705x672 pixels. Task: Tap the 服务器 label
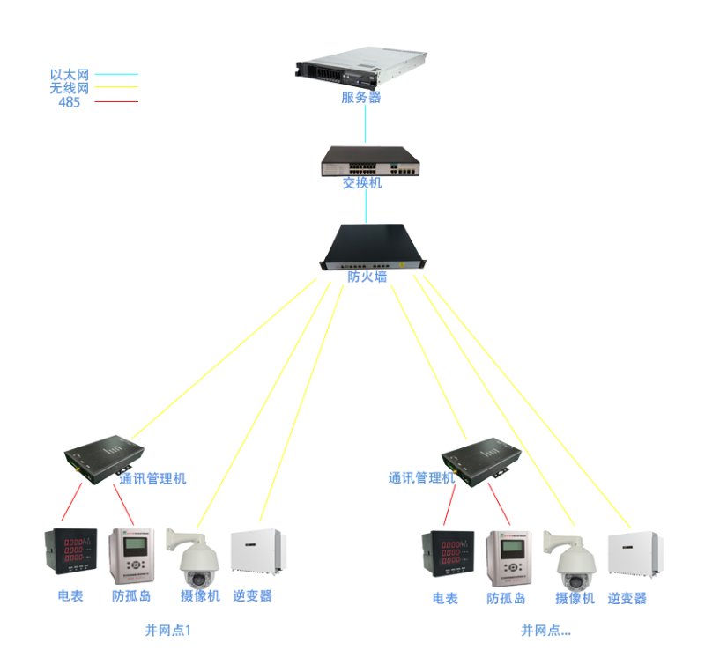(x=361, y=98)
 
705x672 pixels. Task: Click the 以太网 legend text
(x=70, y=75)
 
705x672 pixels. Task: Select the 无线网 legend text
(x=70, y=88)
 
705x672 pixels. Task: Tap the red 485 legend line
(x=115, y=102)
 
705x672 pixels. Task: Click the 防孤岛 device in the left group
(x=131, y=556)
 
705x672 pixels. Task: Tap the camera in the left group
(x=198, y=560)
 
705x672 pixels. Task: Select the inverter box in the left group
(x=256, y=551)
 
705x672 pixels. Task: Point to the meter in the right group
(x=447, y=556)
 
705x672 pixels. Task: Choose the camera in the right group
(x=573, y=560)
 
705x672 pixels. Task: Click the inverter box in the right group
(x=632, y=553)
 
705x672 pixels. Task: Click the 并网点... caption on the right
(x=545, y=631)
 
